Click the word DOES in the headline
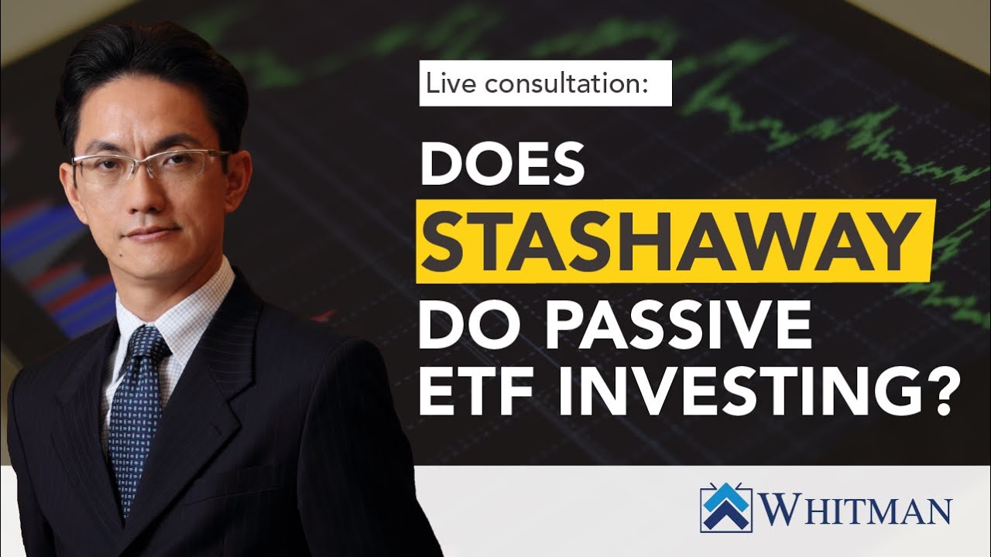point(501,164)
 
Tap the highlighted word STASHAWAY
point(671,241)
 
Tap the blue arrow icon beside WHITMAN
point(726,508)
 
